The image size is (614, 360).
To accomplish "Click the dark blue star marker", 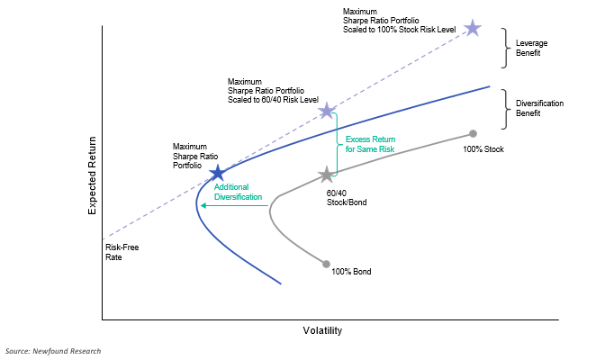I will click(x=217, y=173).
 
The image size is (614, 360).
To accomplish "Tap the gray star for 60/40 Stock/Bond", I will click(x=326, y=174).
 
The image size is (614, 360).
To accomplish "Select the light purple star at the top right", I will click(x=472, y=28).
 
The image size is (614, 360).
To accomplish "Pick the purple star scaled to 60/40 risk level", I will click(x=327, y=111).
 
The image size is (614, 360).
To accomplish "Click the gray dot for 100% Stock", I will click(x=473, y=133).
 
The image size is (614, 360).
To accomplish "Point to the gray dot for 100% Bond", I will click(x=326, y=264).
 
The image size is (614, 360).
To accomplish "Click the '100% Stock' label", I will click(x=483, y=148).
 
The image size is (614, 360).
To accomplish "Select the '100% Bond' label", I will click(x=351, y=271).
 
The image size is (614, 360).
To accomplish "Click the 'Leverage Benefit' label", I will click(x=533, y=48).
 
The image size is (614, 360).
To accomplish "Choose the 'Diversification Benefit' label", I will click(x=539, y=109).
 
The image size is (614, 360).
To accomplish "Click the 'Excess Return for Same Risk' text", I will click(x=370, y=144).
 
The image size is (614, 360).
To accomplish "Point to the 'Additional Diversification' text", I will click(x=238, y=192).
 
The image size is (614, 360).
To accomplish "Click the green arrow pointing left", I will click(x=234, y=205).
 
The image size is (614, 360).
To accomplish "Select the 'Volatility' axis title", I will click(x=322, y=330).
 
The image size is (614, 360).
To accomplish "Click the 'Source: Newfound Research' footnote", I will click(x=53, y=350).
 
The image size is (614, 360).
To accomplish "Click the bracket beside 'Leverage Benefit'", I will click(x=505, y=48).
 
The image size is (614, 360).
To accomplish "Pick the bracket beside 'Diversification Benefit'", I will click(x=505, y=109).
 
